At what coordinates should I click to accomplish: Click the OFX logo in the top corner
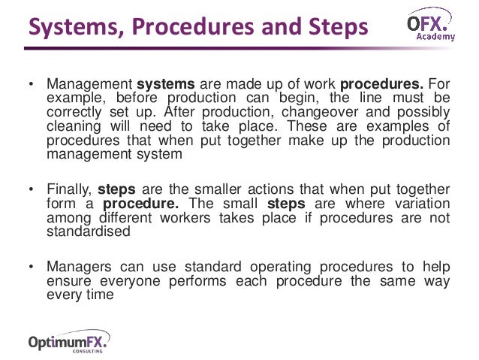428,23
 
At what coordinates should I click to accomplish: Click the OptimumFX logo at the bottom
68,341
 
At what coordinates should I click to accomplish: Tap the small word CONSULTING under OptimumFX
89,352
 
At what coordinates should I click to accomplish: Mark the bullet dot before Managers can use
31,267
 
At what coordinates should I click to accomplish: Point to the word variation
421,204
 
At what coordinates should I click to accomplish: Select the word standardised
89,231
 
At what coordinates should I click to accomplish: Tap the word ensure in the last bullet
68,280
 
